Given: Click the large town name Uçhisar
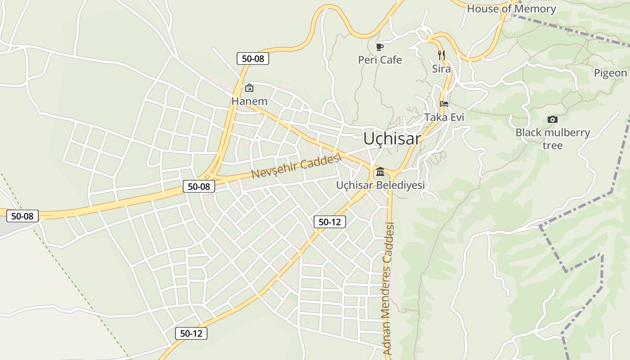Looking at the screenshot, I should pos(392,139).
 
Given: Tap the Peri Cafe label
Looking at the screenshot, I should pos(380,60).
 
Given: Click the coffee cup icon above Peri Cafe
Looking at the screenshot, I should pos(380,47).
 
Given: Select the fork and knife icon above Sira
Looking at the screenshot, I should pos(441,55).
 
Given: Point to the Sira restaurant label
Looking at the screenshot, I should pos(441,69).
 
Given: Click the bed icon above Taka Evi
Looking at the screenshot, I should pos(444,104).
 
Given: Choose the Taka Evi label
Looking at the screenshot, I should pos(444,117).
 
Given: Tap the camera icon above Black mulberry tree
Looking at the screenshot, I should pos(553,119).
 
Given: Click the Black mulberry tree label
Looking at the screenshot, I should pos(553,139).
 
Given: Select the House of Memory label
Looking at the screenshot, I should pos(511,9).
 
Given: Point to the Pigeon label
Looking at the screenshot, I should pos(610,73).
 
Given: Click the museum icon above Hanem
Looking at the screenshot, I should pos(249,88).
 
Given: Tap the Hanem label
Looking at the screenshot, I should pos(249,101).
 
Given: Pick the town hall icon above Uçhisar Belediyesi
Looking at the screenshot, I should pos(380,171).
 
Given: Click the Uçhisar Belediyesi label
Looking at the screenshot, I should pos(380,185).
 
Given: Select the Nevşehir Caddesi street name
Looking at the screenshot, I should pos(297,165).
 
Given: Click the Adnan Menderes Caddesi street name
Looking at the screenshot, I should pos(388,288).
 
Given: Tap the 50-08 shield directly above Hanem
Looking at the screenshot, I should pos(253,58).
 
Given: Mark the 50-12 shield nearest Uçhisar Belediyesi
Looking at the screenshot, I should pos(330,221).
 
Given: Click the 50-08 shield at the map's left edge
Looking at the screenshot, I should pos(22,216).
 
